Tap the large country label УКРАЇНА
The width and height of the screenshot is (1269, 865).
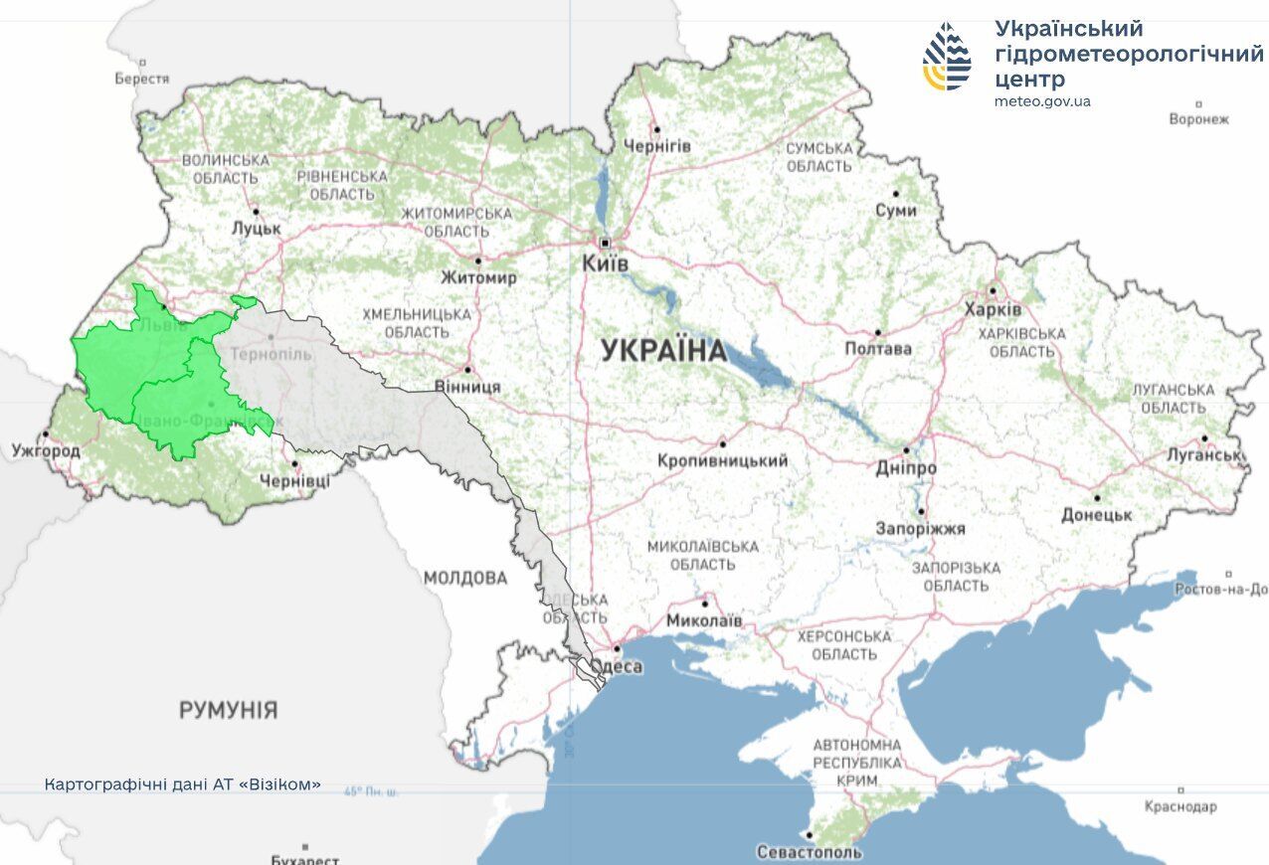[663, 351]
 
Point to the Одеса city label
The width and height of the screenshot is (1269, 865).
[621, 666]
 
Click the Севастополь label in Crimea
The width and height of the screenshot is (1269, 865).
[809, 852]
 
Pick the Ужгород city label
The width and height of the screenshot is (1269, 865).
[46, 451]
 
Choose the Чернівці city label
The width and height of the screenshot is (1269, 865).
[294, 481]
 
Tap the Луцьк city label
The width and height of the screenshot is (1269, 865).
[257, 228]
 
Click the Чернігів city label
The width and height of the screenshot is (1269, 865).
[656, 146]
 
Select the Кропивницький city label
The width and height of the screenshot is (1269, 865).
[722, 460]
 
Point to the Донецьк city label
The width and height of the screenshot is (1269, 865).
[1097, 514]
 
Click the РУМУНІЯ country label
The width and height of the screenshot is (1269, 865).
[229, 710]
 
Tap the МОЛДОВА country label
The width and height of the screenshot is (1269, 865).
[464, 578]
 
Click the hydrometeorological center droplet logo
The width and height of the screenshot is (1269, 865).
[947, 57]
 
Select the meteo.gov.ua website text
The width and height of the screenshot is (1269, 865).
[1042, 101]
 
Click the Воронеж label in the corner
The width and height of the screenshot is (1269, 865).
[1199, 119]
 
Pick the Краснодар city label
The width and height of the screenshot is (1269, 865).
[1179, 806]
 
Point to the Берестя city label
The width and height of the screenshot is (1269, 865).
[142, 79]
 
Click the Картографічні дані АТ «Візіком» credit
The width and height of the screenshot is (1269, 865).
[183, 784]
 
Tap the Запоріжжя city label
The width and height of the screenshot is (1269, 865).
[920, 529]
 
